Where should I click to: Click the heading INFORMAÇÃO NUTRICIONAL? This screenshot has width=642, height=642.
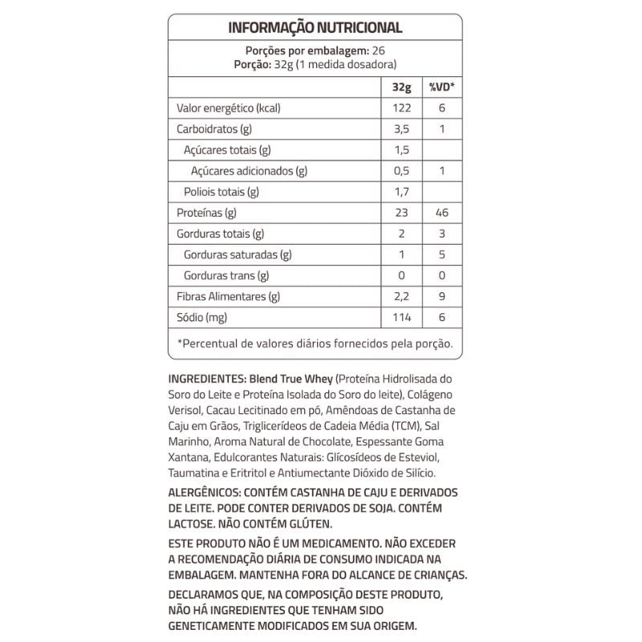(x=315, y=27)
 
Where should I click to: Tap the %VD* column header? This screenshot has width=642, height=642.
(x=441, y=87)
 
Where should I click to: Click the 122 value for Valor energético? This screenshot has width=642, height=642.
(x=401, y=108)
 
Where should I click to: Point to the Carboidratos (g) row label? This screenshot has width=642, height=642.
(x=214, y=129)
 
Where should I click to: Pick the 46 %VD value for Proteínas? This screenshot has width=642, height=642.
(x=441, y=213)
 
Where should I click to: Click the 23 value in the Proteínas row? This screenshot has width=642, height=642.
(x=401, y=213)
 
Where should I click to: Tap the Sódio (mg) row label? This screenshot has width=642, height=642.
(x=202, y=318)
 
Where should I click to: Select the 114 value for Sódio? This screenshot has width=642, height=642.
(x=401, y=318)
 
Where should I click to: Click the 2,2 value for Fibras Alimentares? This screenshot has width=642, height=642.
(x=401, y=297)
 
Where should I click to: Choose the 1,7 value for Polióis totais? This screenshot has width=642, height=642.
(x=401, y=192)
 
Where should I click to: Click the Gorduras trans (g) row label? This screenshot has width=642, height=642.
(x=226, y=276)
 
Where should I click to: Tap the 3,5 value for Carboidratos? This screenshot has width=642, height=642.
(x=401, y=129)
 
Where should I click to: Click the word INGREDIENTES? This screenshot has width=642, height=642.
(x=207, y=379)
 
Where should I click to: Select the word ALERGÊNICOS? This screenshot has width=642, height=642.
(x=204, y=492)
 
